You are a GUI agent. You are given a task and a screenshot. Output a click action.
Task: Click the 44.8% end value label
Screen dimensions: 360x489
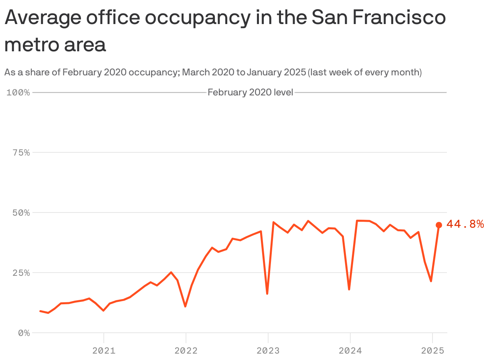pyautogui.click(x=465, y=224)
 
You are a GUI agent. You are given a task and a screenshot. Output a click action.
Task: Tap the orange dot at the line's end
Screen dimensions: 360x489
pyautogui.click(x=439, y=225)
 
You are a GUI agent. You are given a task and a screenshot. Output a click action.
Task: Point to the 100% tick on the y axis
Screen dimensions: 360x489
pyautogui.click(x=18, y=93)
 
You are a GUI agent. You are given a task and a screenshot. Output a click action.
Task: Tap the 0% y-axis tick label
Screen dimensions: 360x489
pyautogui.click(x=24, y=333)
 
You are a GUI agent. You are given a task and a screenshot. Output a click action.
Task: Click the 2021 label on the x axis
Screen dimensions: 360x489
pyautogui.click(x=104, y=351)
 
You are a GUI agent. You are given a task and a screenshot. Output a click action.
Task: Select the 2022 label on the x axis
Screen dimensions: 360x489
pyautogui.click(x=186, y=351)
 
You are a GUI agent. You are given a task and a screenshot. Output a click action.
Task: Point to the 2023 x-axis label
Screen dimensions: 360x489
pyautogui.click(x=268, y=351)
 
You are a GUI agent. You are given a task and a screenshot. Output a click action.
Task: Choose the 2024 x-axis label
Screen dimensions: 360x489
pyautogui.click(x=350, y=351)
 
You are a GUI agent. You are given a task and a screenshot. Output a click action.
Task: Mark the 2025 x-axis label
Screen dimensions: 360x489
pyautogui.click(x=432, y=351)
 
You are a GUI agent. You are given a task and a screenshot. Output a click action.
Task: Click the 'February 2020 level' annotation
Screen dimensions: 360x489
pyautogui.click(x=251, y=93)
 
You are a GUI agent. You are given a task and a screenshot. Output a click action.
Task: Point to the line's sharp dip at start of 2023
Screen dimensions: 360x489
pyautogui.click(x=267, y=293)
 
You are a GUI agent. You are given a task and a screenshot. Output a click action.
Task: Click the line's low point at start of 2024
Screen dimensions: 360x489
pyautogui.click(x=349, y=289)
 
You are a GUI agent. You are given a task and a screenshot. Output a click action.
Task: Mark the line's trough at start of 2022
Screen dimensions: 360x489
pyautogui.click(x=185, y=306)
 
